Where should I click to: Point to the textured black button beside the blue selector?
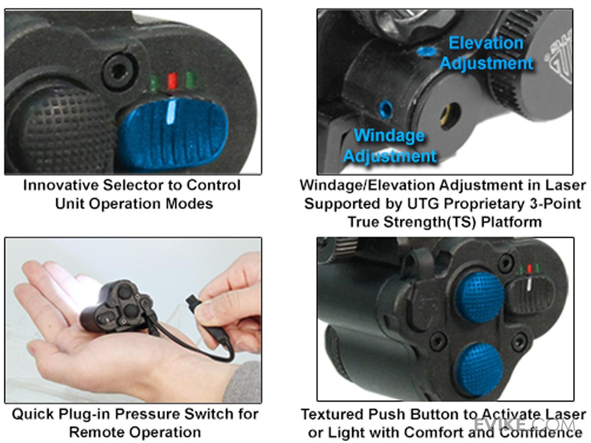click(x=64, y=123)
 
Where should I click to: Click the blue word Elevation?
click(x=486, y=43)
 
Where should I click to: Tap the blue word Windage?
click(x=389, y=135)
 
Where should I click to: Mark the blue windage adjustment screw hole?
click(x=385, y=108)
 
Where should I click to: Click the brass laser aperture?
click(x=450, y=116)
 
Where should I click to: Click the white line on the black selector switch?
click(x=528, y=288)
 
